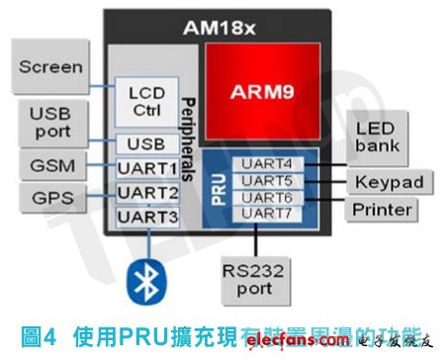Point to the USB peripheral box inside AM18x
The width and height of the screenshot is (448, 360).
pyautogui.click(x=146, y=144)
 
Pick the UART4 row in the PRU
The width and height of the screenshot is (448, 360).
pyautogui.click(x=268, y=164)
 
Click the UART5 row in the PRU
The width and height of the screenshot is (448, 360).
pyautogui.click(x=268, y=181)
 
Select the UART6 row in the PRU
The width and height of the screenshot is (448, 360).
pyautogui.click(x=268, y=197)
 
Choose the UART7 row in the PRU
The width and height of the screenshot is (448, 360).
pyautogui.click(x=268, y=213)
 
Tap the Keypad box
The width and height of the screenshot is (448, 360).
pyautogui.click(x=388, y=182)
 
